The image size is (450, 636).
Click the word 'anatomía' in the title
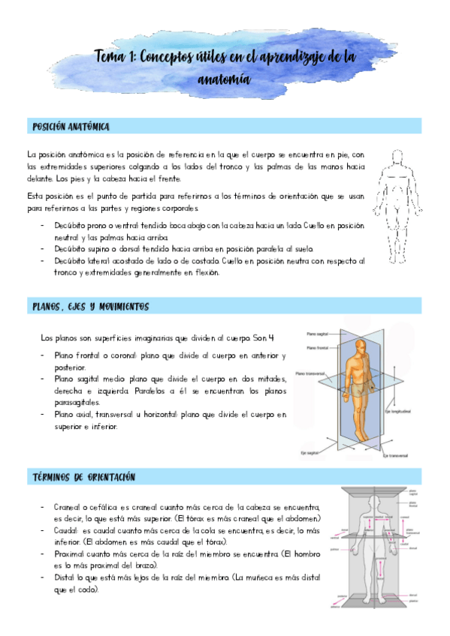(x=225, y=78)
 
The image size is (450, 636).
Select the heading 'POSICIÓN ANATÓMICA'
(x=69, y=126)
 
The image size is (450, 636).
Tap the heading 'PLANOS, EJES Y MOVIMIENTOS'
(x=91, y=307)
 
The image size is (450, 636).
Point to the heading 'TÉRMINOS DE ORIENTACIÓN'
(x=84, y=477)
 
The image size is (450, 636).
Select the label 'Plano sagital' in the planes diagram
(x=316, y=334)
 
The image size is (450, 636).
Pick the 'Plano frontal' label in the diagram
(x=316, y=347)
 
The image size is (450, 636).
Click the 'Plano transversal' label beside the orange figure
(x=310, y=372)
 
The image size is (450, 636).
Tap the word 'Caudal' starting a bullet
(x=66, y=529)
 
